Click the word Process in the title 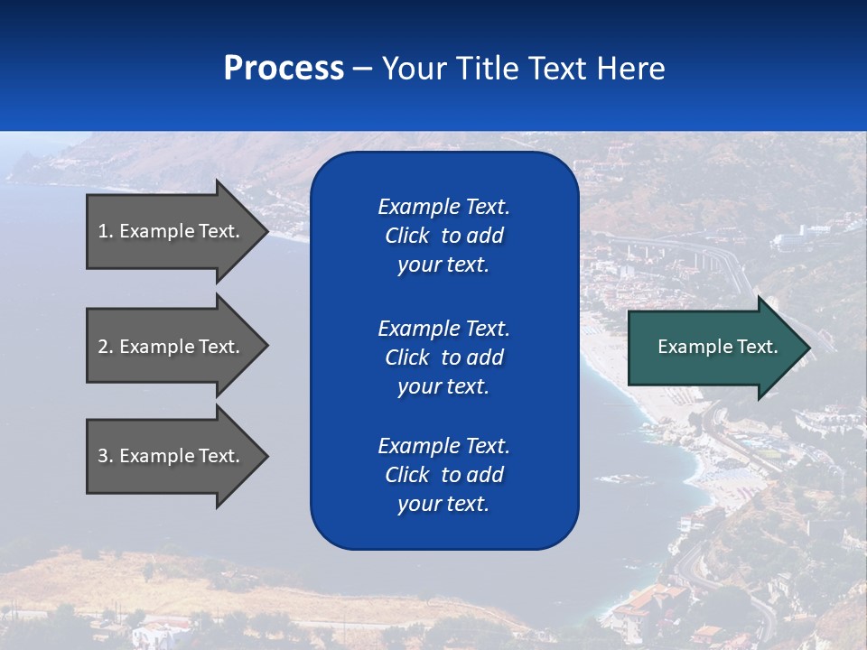click(x=284, y=69)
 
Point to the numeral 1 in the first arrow click(x=102, y=231)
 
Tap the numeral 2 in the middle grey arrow click(x=103, y=347)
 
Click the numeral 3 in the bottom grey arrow click(x=103, y=456)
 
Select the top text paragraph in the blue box click(x=443, y=236)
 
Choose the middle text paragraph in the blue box click(x=443, y=357)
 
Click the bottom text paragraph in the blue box click(x=443, y=475)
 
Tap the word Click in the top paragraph click(x=406, y=236)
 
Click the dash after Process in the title click(x=362, y=70)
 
